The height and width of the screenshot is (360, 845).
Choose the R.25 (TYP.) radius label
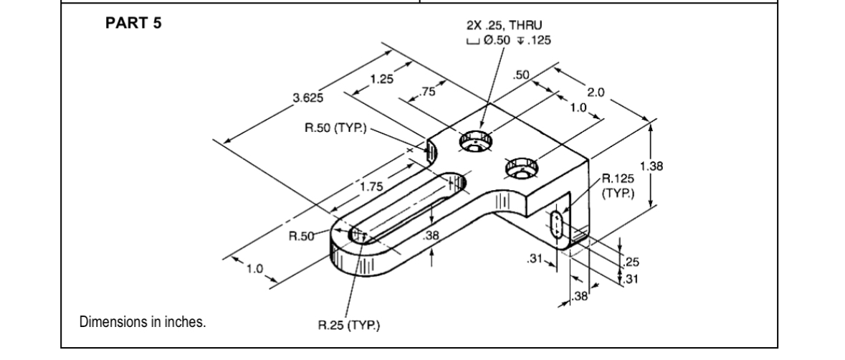point(348,328)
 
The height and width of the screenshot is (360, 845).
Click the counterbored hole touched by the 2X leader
point(473,142)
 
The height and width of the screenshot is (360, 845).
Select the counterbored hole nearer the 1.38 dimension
point(520,169)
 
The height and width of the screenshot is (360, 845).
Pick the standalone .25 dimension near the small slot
point(631,262)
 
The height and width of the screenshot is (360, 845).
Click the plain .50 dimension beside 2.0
point(522,75)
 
